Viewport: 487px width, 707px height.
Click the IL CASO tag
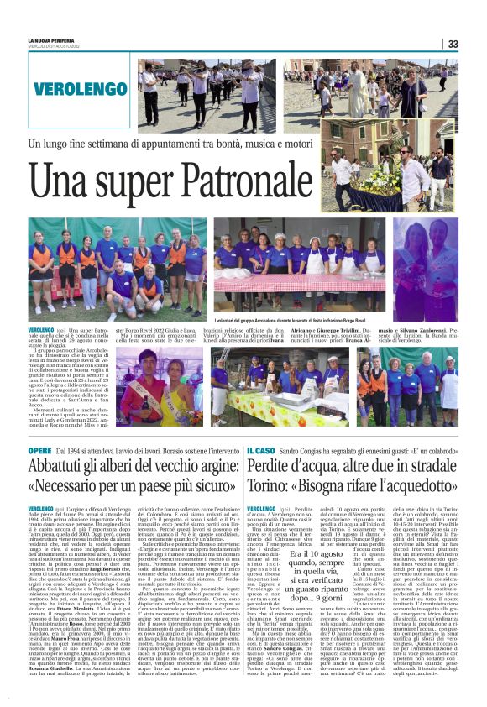[x=259, y=450]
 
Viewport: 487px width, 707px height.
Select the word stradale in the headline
[x=430, y=468]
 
